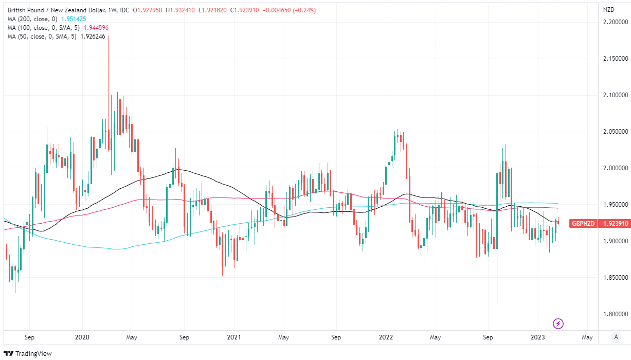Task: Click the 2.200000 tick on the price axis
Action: coord(616,22)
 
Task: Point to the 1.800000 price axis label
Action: coord(616,314)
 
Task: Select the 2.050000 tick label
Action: coord(616,132)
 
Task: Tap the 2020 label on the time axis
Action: coord(82,338)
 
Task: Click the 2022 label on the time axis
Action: coord(386,338)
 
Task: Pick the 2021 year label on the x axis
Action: coord(234,338)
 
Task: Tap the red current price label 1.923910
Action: coord(616,223)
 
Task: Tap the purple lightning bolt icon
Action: coord(558,323)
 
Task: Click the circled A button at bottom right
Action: coord(616,337)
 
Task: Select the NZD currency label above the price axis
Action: coord(608,10)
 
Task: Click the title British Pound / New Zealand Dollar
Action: coord(53,10)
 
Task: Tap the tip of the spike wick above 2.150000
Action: coord(109,36)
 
